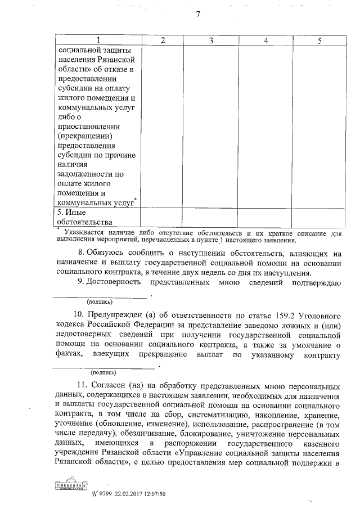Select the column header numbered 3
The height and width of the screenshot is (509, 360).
tap(210, 40)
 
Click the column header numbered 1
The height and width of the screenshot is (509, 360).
tap(98, 40)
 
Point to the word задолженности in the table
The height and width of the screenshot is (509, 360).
tap(86, 174)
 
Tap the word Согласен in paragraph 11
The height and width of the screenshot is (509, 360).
tap(114, 388)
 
